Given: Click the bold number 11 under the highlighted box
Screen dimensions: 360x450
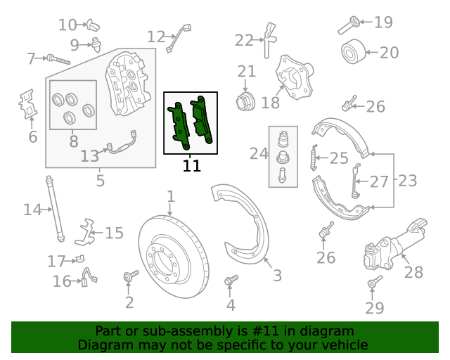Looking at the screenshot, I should [x=191, y=167].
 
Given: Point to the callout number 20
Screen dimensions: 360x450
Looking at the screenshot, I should [x=389, y=52].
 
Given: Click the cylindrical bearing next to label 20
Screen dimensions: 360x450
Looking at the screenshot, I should [x=354, y=52].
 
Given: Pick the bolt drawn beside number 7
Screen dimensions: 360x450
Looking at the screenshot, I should [x=58, y=59].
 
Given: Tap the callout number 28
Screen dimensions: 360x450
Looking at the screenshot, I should [x=413, y=272].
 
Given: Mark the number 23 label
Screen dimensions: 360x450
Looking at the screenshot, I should [x=407, y=181].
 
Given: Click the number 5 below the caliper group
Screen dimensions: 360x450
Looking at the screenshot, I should [x=101, y=181].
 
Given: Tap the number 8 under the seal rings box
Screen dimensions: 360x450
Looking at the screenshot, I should [x=73, y=141].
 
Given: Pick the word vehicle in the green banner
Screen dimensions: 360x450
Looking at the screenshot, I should [x=344, y=345].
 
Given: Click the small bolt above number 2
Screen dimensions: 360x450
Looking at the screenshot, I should [x=129, y=278].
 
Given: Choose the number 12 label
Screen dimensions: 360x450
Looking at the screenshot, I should [x=155, y=37].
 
